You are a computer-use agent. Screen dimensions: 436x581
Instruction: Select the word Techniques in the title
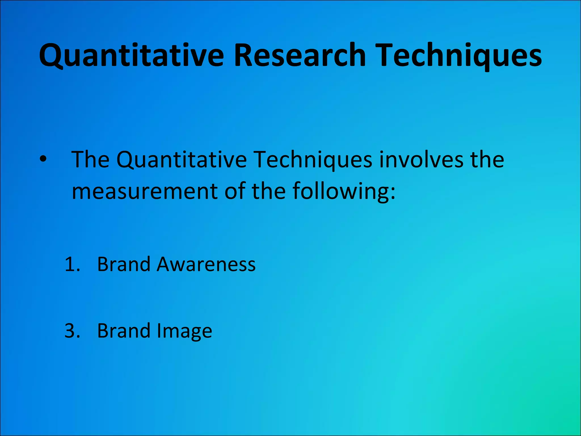460,55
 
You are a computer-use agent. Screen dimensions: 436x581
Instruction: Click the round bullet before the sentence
43,160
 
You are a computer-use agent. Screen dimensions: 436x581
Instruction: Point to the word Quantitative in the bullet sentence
182,160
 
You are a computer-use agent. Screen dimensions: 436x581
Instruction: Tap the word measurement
145,191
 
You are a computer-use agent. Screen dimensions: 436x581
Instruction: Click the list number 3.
72,331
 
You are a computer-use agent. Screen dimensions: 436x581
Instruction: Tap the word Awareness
206,264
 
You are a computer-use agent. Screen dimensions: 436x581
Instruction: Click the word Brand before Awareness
123,264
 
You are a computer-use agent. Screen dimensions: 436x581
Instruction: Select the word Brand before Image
123,331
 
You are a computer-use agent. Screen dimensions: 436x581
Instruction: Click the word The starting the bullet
90,160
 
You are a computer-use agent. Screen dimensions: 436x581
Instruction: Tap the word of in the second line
235,191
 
